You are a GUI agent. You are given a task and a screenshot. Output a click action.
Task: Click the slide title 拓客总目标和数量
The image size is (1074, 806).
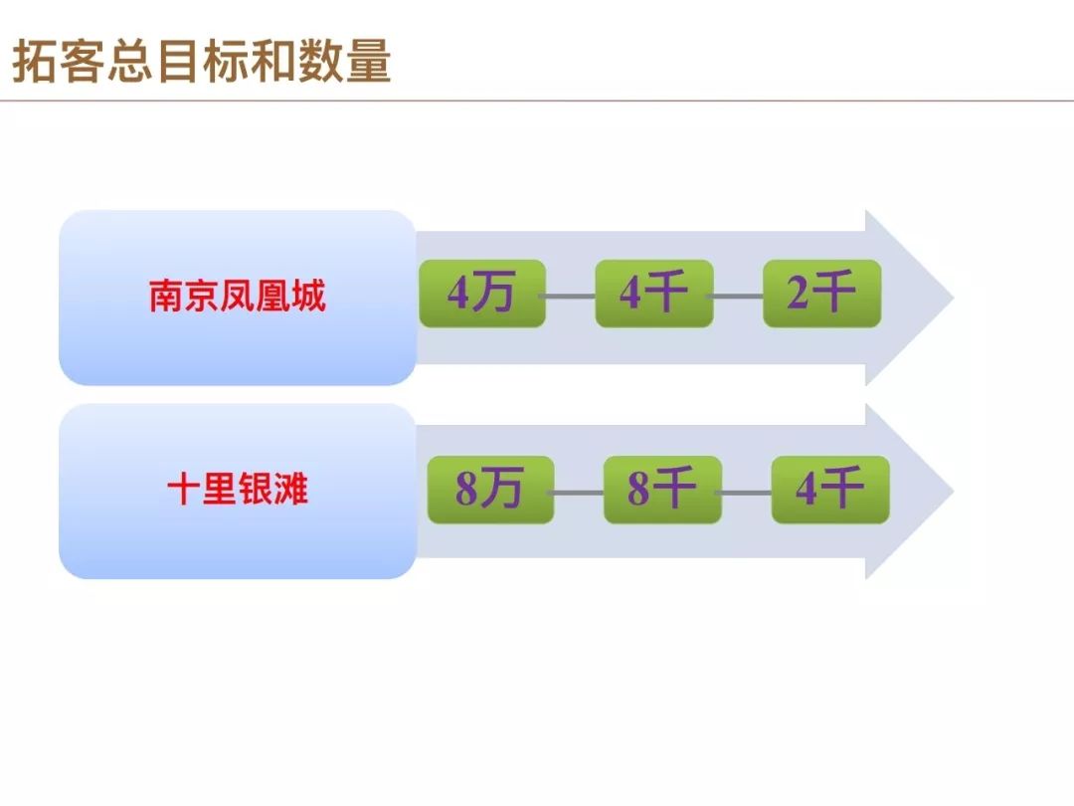pos(201,61)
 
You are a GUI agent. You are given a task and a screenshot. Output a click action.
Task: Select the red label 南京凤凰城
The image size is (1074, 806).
pos(237,297)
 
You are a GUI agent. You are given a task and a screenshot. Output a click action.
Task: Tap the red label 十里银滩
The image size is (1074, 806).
pos(237,490)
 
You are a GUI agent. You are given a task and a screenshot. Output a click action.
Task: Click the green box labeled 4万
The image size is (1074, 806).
pos(482,294)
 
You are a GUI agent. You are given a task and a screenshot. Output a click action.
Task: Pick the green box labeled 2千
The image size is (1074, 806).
pos(822,294)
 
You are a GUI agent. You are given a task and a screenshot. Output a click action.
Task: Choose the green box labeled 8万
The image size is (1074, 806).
pos(490,490)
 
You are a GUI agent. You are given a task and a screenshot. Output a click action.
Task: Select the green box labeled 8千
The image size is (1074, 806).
pos(662,490)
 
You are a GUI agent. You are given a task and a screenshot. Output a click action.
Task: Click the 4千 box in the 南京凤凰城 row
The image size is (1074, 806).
pos(654,294)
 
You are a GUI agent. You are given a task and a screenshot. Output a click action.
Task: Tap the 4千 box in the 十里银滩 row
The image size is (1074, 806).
pos(830,490)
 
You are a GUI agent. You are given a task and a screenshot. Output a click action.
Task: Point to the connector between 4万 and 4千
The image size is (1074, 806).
pos(570,297)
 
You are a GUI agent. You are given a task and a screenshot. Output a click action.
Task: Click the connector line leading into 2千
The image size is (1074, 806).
pos(738,297)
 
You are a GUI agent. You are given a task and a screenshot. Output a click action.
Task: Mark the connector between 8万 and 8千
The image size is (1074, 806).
pos(579,493)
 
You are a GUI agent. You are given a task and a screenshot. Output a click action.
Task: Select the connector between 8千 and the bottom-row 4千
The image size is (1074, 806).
pos(747,493)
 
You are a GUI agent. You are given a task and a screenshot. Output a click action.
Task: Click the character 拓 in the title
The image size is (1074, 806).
pos(34,61)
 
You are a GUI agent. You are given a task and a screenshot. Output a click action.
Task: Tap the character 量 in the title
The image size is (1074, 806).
pos(369,61)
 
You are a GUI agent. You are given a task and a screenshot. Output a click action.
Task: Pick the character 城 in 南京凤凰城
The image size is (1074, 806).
pos(308,297)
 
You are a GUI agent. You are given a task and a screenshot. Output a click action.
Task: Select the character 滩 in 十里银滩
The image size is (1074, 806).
pos(291,490)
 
